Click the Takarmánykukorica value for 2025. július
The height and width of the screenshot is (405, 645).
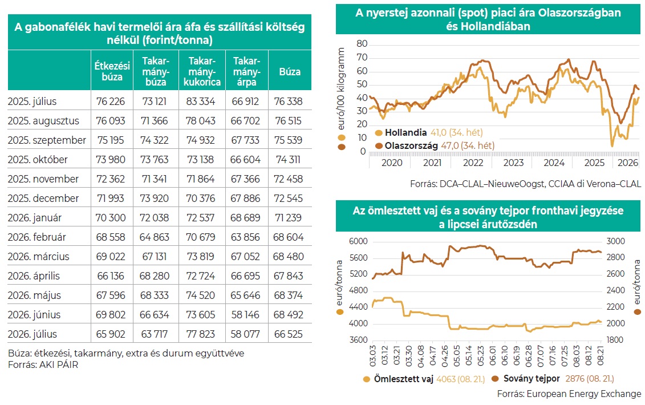point(201,102)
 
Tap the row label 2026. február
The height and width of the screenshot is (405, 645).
point(37,237)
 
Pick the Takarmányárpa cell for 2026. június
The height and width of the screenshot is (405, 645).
point(245,314)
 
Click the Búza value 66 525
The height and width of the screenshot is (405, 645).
point(289,334)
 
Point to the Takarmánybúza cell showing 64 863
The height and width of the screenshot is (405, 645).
point(154,237)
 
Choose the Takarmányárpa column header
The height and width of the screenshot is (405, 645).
point(246,71)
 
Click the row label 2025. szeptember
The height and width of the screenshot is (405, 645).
point(47,140)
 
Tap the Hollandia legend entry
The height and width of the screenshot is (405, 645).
point(429,132)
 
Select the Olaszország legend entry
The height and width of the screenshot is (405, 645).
point(435,145)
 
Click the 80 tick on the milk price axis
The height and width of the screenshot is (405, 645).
point(362,44)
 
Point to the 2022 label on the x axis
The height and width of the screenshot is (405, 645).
point(473,163)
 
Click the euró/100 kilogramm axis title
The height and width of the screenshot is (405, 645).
point(341,88)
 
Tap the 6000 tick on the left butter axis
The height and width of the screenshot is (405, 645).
point(358,241)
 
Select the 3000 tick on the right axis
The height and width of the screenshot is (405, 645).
point(615,241)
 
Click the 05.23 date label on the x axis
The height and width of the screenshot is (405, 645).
point(480,355)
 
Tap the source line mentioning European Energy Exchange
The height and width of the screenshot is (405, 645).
point(569,394)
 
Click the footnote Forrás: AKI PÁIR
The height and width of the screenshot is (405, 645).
point(43,364)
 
